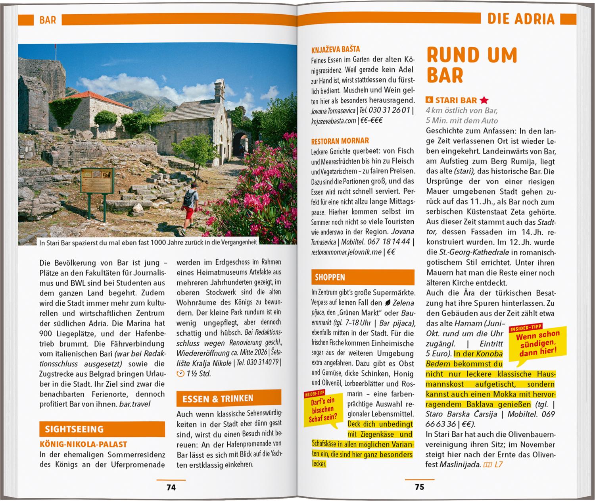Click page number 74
pos(171,487)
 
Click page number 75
pos(419,487)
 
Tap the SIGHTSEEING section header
pos(74,429)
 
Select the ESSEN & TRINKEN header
pos(218,399)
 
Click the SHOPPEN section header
pos(330,277)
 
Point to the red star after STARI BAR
pos(484,100)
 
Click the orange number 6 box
pos(430,100)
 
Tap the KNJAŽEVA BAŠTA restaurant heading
pos(336,49)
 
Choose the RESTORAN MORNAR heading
pos(340,141)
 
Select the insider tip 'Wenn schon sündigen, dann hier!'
pos(537,342)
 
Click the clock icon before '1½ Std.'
pos(180,373)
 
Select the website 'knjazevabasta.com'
pos(334,120)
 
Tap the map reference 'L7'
pos(498,464)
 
